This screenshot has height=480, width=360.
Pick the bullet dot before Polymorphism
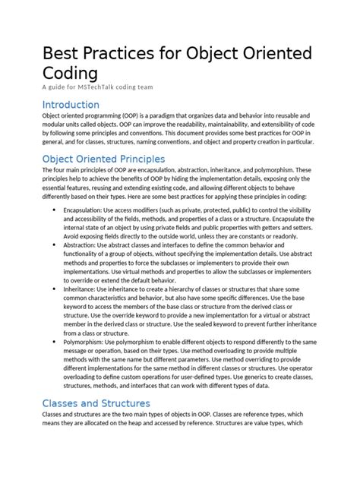(52, 342)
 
